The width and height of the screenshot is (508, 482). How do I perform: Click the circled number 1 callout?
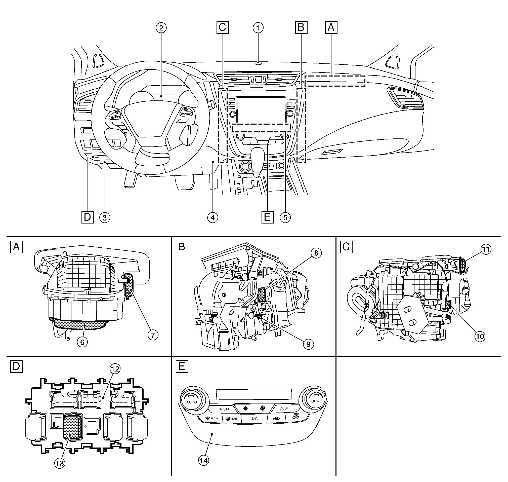pos(258,28)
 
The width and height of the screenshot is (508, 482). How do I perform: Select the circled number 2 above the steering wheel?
pos(161,28)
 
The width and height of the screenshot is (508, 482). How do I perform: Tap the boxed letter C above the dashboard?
pos(223,27)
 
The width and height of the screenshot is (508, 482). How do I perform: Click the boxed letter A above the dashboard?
pos(331,27)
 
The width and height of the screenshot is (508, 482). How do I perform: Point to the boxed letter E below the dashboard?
pos(267,217)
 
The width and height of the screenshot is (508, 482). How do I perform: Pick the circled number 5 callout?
pos(285,218)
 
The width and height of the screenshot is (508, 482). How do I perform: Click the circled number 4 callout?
pos(213,218)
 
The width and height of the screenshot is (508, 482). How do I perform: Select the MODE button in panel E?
pos(284,408)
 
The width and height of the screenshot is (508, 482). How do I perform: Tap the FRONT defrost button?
pos(211,419)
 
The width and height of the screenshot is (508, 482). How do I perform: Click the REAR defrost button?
pos(231,419)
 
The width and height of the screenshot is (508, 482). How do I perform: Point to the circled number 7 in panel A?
pos(153,335)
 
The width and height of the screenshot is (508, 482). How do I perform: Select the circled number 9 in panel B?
pos(309,344)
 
